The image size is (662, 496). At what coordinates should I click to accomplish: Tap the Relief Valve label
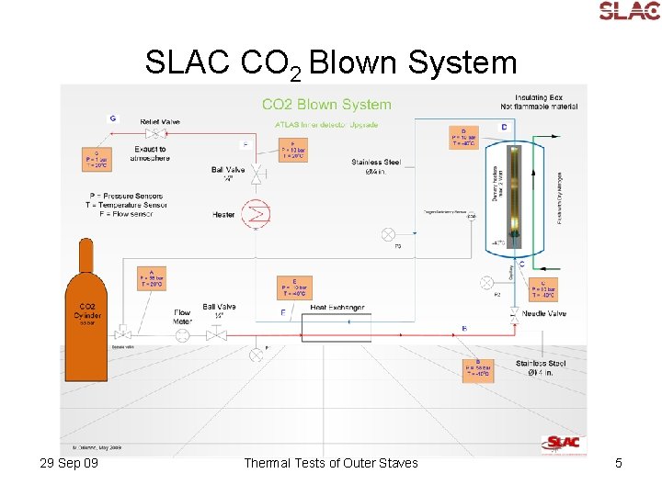(x=160, y=121)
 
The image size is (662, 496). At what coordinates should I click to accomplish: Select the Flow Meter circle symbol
(x=183, y=335)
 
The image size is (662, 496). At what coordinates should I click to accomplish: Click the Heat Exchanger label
(x=337, y=308)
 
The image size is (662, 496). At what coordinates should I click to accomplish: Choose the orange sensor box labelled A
(x=152, y=276)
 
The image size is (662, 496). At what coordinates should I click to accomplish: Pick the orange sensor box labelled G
(x=97, y=158)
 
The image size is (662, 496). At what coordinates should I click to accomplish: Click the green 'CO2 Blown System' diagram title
(x=326, y=105)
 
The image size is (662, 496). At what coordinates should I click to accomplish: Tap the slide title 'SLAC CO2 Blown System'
(x=331, y=62)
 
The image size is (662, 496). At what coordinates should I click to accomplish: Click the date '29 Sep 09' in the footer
(x=70, y=463)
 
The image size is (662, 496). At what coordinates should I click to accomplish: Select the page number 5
(x=619, y=463)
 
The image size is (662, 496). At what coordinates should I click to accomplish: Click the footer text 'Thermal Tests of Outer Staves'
(x=330, y=463)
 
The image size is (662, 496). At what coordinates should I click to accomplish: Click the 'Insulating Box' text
(x=539, y=97)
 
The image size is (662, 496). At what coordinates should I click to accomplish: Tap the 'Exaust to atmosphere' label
(x=149, y=153)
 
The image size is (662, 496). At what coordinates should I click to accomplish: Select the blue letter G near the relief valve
(x=112, y=118)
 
